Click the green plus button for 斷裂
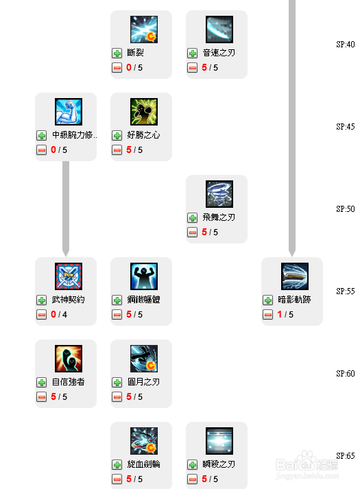pos(117,53)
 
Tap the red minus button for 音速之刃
pos(192,68)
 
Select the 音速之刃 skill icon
pos(219,29)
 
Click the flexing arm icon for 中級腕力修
pos(69,112)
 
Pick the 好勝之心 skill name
pos(143,135)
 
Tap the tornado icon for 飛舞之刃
pos(219,194)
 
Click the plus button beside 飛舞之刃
pos(192,218)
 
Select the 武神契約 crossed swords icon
pos(69,276)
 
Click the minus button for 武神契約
pos(41,315)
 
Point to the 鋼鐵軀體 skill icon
pos(144,276)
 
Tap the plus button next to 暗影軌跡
pos(267,300)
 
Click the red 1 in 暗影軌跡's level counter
pos(280,314)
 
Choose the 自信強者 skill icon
pos(69,359)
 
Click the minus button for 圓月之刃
pos(117,397)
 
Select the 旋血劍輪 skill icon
pos(144,441)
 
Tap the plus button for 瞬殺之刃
pos(192,465)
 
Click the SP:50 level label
pos(346,208)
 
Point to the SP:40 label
pos(346,45)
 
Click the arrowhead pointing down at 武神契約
pos(66,252)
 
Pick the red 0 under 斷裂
pos(129,67)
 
